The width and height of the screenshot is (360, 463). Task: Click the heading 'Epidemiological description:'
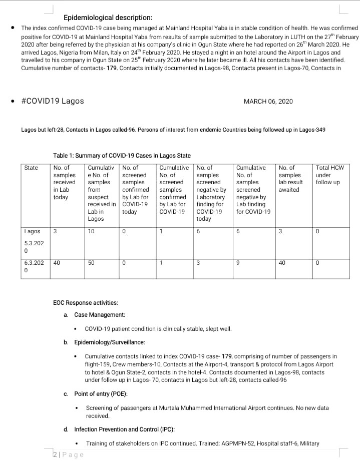[108, 18]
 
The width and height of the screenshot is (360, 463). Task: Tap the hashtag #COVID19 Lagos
[53, 101]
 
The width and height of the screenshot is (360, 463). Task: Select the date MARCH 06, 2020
[268, 102]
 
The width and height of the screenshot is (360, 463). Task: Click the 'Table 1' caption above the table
[122, 156]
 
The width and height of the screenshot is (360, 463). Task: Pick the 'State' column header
[31, 168]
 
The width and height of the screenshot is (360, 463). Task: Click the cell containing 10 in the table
[91, 231]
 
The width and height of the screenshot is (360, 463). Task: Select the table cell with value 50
[91, 262]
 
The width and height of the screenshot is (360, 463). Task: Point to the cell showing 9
[238, 262]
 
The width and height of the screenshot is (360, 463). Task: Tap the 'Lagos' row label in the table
[32, 231]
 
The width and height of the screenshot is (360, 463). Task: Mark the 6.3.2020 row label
[34, 266]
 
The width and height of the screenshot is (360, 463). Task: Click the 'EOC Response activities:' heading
[86, 303]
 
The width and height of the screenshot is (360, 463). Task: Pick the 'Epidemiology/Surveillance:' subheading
[110, 342]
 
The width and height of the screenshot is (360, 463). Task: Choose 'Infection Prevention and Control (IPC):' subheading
[124, 429]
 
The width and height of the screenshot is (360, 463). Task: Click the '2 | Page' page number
[69, 454]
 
